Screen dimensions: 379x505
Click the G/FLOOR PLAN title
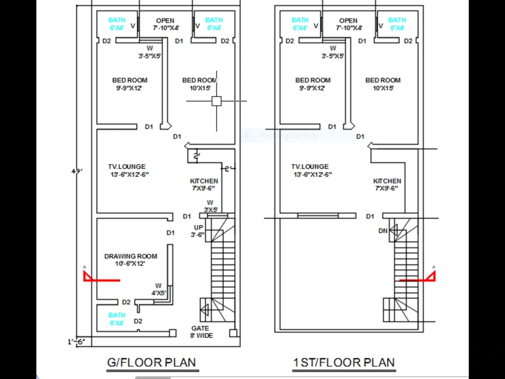tap(151, 362)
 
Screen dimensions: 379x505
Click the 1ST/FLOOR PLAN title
tap(344, 362)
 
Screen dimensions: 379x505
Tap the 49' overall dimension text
tap(77, 171)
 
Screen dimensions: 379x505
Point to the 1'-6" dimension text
tap(77, 342)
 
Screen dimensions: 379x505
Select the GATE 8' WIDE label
tap(201, 332)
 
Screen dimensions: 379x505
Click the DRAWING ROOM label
tap(131, 260)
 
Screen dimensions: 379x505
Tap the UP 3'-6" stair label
tap(198, 231)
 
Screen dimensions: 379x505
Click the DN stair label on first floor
tap(383, 231)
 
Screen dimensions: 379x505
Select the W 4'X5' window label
tap(159, 289)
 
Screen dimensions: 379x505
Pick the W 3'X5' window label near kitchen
tap(210, 206)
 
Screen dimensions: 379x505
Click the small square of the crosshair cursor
tap(217, 101)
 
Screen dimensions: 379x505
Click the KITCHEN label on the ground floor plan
tap(204, 184)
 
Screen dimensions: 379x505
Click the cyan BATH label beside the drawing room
tap(117, 319)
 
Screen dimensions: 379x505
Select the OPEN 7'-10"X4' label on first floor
tap(348, 24)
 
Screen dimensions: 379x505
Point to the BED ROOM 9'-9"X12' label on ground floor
tap(130, 84)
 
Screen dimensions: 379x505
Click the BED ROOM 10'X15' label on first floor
tap(383, 84)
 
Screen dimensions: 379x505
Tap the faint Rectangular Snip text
tap(288, 135)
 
